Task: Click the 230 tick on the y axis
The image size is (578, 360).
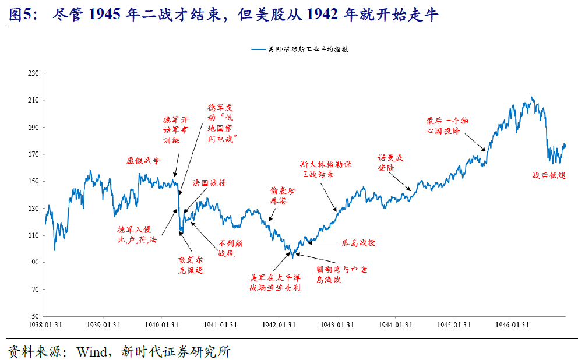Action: pos(33,73)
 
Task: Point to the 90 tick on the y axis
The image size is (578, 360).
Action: pos(35,263)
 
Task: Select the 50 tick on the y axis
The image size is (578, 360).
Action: pos(35,317)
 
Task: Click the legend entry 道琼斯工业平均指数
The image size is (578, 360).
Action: pos(299,50)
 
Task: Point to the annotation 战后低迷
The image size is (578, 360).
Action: pos(549,175)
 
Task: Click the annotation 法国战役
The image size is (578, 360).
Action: pos(209,183)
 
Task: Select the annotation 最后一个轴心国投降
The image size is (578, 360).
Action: pos(447,125)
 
